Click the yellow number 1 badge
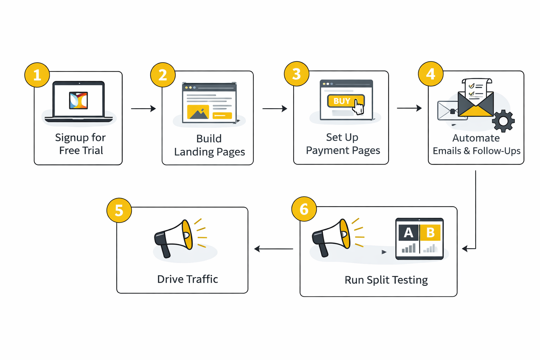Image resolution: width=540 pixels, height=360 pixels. click(x=37, y=75)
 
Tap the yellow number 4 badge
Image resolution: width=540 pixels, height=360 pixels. click(x=430, y=74)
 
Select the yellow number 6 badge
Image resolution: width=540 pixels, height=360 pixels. click(x=304, y=209)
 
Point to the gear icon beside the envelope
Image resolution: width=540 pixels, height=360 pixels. click(x=503, y=121)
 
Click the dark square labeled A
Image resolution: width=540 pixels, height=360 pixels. click(x=408, y=233)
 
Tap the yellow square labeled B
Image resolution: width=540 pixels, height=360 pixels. click(x=430, y=233)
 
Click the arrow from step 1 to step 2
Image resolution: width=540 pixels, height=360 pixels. click(x=143, y=109)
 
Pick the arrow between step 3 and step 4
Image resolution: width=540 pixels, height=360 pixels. click(x=409, y=108)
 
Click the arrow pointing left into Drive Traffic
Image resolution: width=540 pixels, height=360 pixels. click(x=274, y=249)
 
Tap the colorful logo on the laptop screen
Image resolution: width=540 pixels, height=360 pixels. click(x=78, y=101)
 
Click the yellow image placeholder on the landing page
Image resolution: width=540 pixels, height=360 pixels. click(x=198, y=112)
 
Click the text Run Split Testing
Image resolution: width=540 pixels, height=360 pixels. click(x=386, y=280)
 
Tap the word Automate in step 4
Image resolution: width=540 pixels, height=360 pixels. click(x=476, y=138)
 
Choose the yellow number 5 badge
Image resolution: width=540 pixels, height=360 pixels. click(x=119, y=210)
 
